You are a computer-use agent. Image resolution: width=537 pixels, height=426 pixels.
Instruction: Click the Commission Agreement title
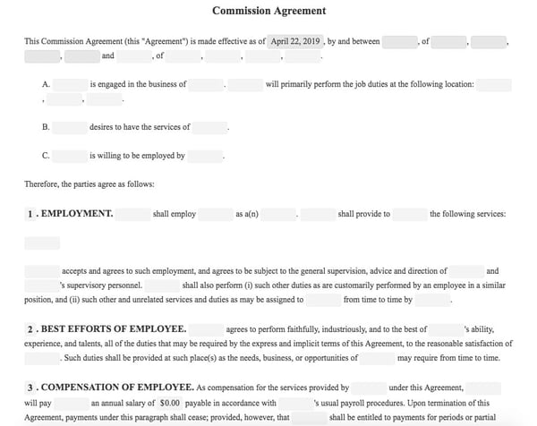click(x=268, y=12)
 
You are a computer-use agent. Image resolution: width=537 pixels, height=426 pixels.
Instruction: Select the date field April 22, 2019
click(x=296, y=41)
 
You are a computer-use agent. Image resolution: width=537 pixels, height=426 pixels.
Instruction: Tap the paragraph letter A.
click(x=46, y=85)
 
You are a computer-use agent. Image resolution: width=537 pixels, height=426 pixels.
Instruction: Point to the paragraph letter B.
click(x=46, y=127)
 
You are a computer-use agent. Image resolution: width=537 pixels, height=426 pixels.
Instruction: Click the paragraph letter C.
click(x=46, y=155)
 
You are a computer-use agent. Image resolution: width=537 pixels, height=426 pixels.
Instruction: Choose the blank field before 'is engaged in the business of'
click(x=71, y=85)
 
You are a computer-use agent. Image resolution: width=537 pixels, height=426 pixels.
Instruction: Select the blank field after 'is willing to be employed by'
click(x=204, y=155)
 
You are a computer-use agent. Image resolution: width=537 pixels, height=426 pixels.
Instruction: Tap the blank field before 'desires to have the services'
click(x=71, y=127)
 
